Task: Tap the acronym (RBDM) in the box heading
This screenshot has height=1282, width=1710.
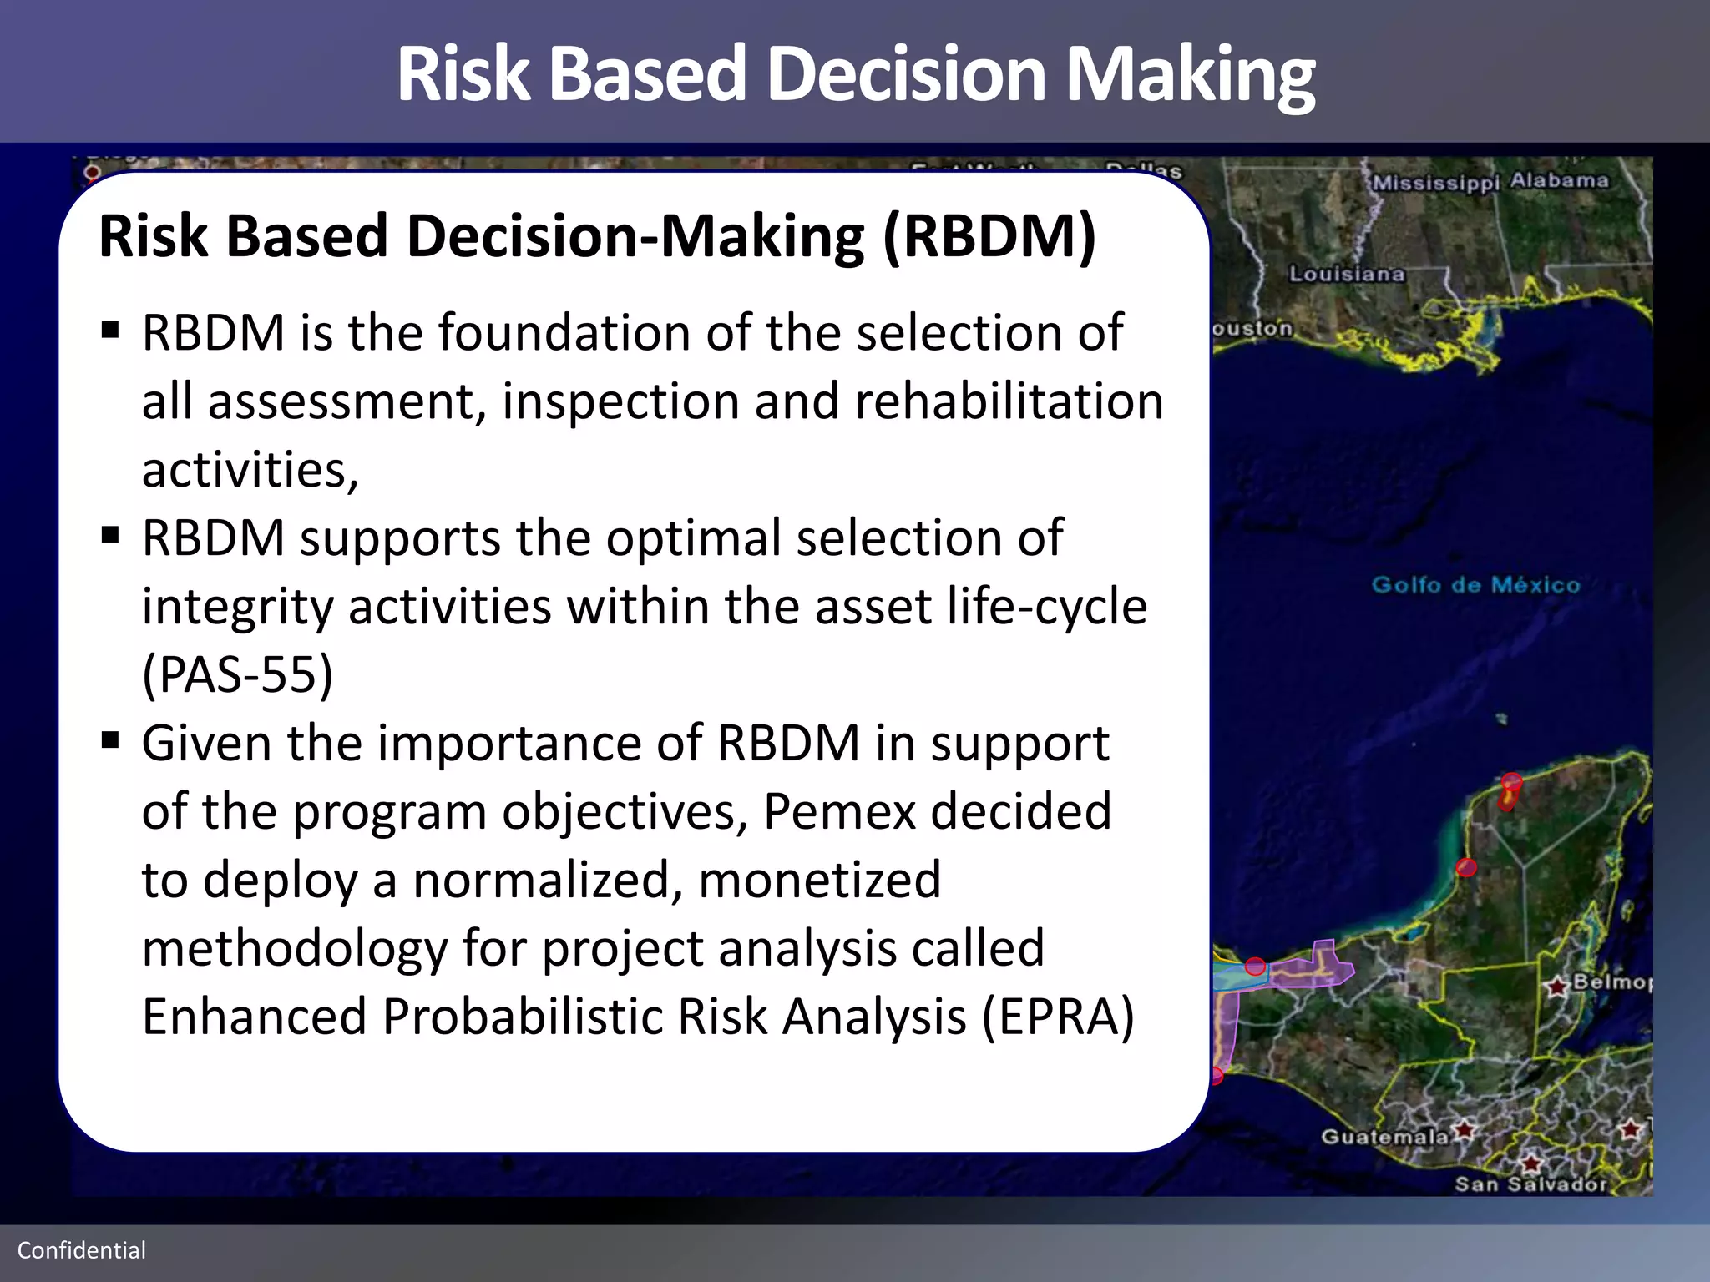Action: [989, 237]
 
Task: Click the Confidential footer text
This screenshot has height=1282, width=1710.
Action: [82, 1250]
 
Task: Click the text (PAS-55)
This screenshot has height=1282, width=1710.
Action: [238, 674]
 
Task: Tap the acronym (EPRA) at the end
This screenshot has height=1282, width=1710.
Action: [1058, 1017]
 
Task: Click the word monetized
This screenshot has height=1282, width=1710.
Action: [819, 880]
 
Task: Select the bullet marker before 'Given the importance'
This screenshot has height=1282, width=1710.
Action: [110, 740]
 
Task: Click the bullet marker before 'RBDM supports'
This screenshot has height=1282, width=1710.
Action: [110, 535]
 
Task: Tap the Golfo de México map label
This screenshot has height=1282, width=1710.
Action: [1475, 584]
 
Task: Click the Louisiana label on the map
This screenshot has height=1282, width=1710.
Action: [1346, 274]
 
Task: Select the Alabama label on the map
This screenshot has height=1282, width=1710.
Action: [1559, 180]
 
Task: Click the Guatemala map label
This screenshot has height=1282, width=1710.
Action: [1384, 1137]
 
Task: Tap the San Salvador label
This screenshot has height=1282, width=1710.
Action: [1530, 1184]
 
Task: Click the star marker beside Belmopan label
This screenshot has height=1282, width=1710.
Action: [1556, 987]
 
